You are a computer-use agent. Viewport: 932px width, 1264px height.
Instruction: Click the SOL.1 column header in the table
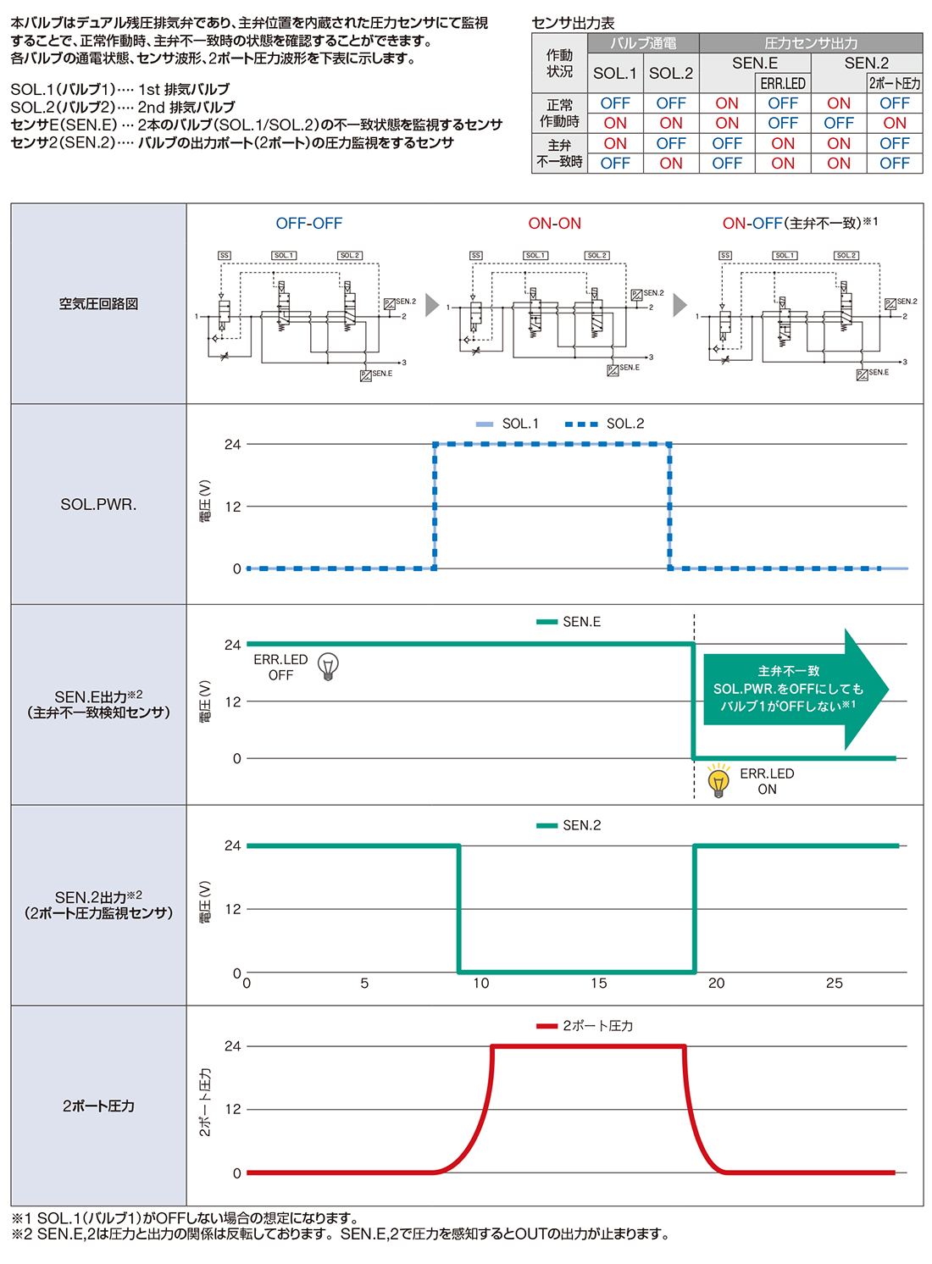[x=615, y=73]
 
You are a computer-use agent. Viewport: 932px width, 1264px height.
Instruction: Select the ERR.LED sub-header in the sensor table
[x=783, y=83]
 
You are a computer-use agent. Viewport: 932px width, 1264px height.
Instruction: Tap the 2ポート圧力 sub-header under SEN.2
[x=895, y=83]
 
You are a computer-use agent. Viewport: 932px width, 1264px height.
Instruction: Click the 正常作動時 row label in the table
[x=559, y=113]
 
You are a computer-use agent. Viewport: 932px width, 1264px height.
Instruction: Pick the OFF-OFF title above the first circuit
[x=309, y=224]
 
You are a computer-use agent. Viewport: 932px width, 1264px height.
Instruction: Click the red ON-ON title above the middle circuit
[x=555, y=224]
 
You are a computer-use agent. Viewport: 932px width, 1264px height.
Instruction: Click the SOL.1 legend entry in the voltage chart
[x=508, y=424]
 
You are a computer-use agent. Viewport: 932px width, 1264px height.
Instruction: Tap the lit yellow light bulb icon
[x=718, y=780]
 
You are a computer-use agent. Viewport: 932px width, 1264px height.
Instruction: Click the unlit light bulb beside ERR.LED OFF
[x=328, y=667]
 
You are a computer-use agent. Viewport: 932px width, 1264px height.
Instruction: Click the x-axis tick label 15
[x=599, y=983]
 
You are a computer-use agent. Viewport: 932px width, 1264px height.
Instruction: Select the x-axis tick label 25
[x=835, y=983]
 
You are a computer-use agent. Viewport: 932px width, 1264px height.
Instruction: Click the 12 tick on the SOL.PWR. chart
[x=233, y=507]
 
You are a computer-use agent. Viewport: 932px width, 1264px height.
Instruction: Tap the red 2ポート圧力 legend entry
[x=585, y=1026]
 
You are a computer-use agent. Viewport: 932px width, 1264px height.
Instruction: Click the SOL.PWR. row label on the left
[x=98, y=504]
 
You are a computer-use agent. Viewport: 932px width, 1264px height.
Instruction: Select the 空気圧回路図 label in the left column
[x=98, y=303]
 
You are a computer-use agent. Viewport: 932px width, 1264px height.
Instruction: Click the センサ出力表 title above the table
[x=573, y=23]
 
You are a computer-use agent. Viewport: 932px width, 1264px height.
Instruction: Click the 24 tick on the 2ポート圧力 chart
[x=233, y=1046]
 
